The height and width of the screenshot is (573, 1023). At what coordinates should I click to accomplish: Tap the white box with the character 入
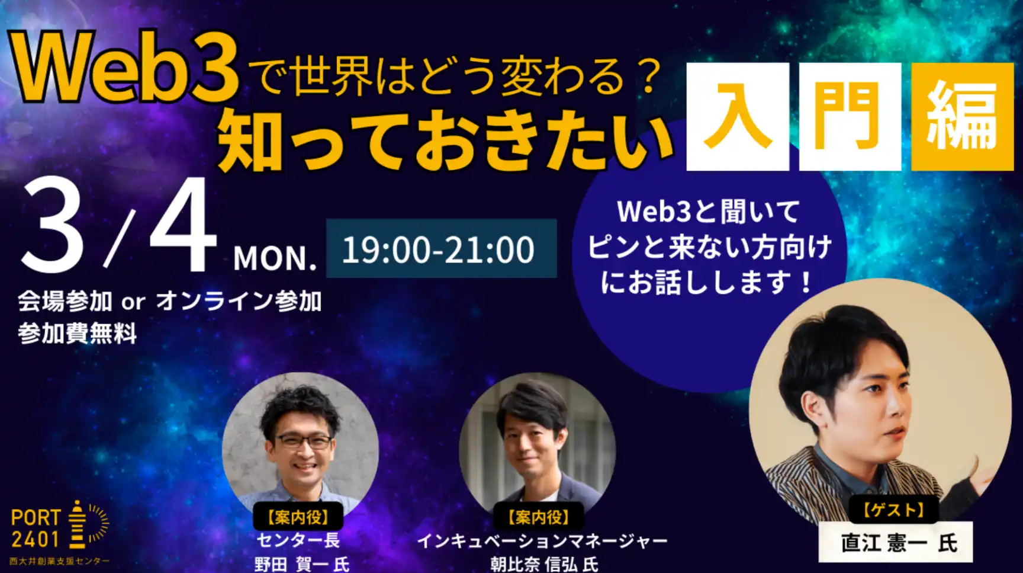[x=738, y=117]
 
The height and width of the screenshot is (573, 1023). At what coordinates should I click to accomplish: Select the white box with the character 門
[x=850, y=117]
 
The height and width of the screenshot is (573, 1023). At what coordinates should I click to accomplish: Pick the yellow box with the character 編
[x=963, y=117]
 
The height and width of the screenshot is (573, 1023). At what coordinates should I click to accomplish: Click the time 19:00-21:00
[x=439, y=249]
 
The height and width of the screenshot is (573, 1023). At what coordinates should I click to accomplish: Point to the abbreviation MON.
[x=275, y=258]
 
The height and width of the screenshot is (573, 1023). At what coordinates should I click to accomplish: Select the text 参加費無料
[x=78, y=334]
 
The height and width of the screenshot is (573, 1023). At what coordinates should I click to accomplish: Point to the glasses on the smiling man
[x=303, y=441]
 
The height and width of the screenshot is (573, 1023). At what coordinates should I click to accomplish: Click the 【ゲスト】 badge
[x=894, y=510]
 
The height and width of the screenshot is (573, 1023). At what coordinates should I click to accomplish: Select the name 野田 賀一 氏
[x=302, y=564]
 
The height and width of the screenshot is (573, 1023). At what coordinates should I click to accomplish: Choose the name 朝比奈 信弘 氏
[x=543, y=564]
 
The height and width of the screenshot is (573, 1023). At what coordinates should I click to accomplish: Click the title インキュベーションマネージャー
[x=542, y=540]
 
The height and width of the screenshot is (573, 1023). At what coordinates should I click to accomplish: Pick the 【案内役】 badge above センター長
[x=298, y=517]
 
